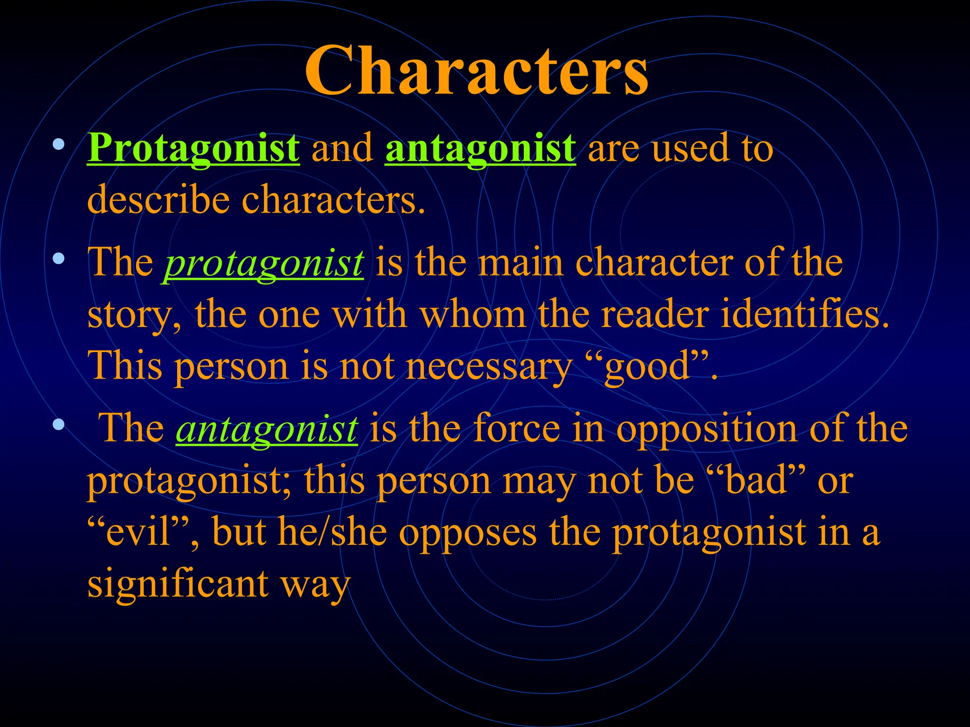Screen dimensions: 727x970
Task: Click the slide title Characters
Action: click(476, 71)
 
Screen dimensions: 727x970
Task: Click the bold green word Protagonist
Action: click(193, 149)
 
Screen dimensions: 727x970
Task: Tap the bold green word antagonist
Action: click(480, 149)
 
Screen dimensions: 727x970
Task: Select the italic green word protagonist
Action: click(263, 263)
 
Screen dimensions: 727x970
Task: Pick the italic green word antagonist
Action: click(267, 429)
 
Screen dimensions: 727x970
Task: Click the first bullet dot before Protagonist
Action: click(58, 144)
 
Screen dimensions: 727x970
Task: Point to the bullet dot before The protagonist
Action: click(58, 258)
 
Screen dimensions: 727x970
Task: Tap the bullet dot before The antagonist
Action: click(58, 424)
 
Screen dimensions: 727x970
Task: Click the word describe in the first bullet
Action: click(158, 200)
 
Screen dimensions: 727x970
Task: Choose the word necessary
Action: click(489, 367)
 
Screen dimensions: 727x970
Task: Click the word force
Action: click(517, 429)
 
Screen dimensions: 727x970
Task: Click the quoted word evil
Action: click(138, 532)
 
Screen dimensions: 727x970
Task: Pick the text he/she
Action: click(332, 532)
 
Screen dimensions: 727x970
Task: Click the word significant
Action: click(178, 584)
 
